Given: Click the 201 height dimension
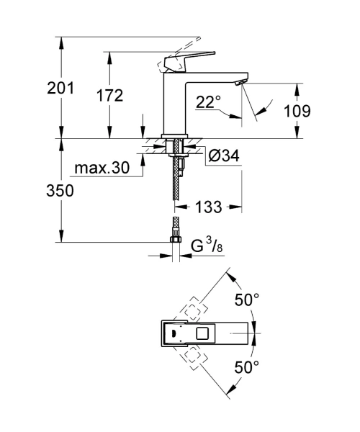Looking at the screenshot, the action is [x=60, y=88].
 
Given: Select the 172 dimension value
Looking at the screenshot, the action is [x=109, y=95].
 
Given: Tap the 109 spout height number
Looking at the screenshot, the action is [x=297, y=111].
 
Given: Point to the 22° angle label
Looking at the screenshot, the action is [x=209, y=102].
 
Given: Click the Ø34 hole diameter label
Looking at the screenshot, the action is [x=224, y=156].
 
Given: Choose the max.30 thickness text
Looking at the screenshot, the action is [x=102, y=168].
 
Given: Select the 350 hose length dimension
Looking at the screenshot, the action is [x=60, y=190].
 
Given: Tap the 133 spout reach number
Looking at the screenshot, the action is [x=209, y=207].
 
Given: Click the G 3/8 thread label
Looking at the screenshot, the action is [x=207, y=246].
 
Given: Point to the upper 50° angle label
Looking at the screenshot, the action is [x=247, y=300].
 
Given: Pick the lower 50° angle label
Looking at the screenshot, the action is [x=247, y=366].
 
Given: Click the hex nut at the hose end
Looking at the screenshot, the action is [x=175, y=238].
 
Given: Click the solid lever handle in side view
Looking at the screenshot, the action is [x=189, y=60].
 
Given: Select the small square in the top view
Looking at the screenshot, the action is [x=202, y=333].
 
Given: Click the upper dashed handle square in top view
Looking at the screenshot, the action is [x=193, y=310].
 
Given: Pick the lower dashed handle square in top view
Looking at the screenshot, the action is [x=193, y=358].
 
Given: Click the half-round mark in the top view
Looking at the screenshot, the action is [x=174, y=333].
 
